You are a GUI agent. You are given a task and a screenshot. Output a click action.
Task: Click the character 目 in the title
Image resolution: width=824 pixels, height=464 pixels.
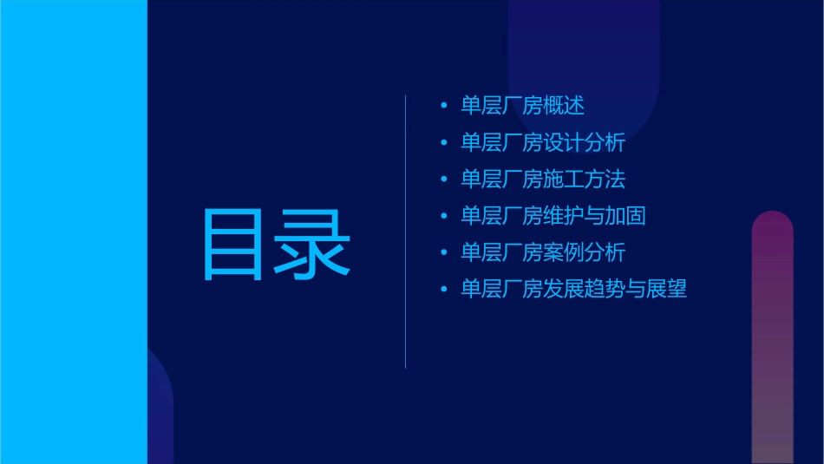click(x=233, y=245)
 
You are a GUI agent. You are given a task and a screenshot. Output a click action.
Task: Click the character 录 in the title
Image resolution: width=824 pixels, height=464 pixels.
click(x=313, y=245)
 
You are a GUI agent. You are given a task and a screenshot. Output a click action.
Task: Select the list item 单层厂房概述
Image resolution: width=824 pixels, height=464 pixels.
click(x=522, y=106)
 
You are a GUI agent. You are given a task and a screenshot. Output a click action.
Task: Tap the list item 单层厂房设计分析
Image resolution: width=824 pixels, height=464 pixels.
click(x=543, y=142)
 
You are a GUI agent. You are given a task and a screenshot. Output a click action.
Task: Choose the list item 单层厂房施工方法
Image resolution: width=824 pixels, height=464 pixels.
click(x=543, y=180)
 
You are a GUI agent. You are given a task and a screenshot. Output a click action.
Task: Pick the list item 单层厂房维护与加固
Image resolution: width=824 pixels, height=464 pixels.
click(x=553, y=216)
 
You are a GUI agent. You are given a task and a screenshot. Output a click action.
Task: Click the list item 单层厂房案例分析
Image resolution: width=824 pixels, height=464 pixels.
click(x=543, y=252)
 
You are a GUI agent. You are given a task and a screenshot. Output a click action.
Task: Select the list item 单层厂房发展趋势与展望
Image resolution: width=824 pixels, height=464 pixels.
click(x=573, y=290)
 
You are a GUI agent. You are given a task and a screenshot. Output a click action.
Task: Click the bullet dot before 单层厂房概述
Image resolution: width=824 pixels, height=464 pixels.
click(x=444, y=106)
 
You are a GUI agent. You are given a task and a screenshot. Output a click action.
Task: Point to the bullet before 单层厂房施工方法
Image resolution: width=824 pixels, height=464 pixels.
click(x=444, y=180)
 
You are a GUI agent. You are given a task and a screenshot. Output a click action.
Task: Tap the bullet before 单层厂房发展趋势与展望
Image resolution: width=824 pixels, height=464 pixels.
click(x=444, y=290)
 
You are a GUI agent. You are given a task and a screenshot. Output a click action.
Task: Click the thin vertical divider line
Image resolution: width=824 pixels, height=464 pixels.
click(x=406, y=232)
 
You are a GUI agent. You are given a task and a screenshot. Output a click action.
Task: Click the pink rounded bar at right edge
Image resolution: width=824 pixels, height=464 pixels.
click(x=772, y=338)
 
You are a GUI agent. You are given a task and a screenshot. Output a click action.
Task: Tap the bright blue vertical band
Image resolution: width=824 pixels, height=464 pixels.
click(x=73, y=232)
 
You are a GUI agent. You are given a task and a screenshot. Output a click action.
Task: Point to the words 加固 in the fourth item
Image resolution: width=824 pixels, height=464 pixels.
click(x=625, y=216)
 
